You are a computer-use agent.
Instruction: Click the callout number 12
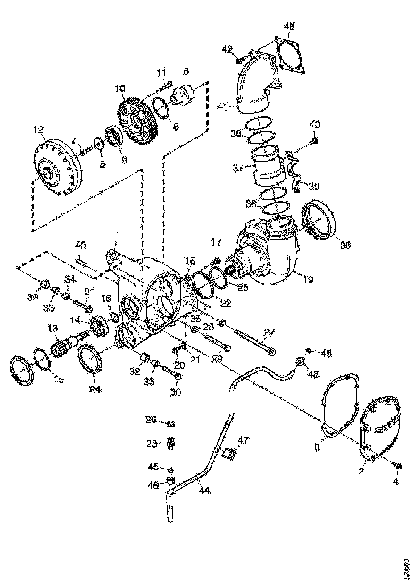click(38, 129)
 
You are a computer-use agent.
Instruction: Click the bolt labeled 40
click(314, 140)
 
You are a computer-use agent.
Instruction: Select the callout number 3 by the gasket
click(317, 448)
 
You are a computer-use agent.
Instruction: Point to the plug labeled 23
click(172, 442)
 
